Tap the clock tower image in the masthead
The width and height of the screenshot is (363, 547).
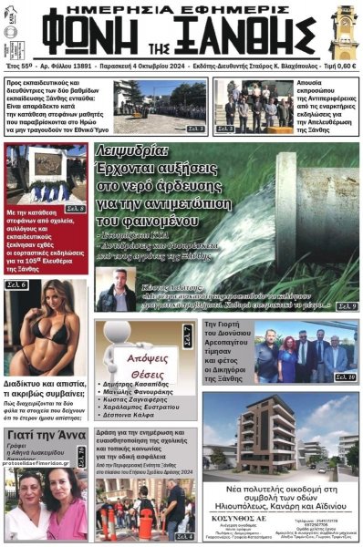click(x=345, y=32)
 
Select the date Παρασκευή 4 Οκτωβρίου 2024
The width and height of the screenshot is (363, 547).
click(x=156, y=67)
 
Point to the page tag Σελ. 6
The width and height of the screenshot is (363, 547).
click(x=17, y=285)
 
